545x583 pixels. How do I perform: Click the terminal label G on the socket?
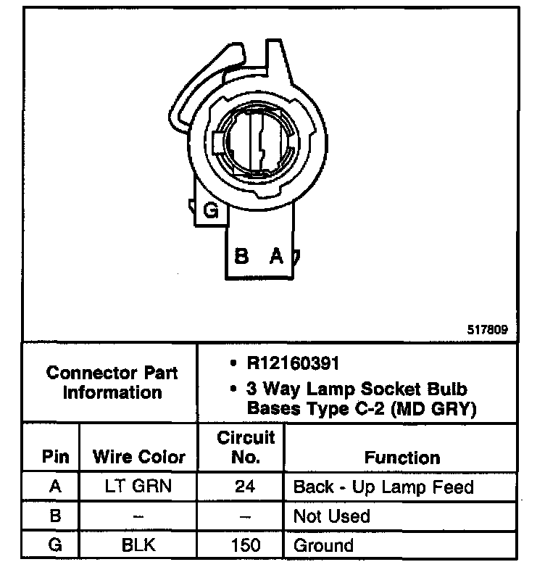coord(211,211)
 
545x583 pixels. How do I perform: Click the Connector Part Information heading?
coord(112,382)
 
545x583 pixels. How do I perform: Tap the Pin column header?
coord(55,458)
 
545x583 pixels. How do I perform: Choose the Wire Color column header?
coord(139,458)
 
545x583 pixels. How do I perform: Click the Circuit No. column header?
coord(246,447)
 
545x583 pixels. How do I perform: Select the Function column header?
coord(402,458)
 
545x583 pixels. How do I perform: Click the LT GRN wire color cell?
coord(138,487)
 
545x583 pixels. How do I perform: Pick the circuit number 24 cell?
coord(245,487)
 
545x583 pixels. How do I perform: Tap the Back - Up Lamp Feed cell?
coord(383,487)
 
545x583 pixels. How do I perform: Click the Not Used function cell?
coord(331,516)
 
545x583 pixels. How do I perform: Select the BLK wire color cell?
coord(138,545)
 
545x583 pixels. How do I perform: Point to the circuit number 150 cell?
coord(245,545)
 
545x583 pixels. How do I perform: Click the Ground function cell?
coord(323,545)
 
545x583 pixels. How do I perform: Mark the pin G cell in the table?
coord(55,545)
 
